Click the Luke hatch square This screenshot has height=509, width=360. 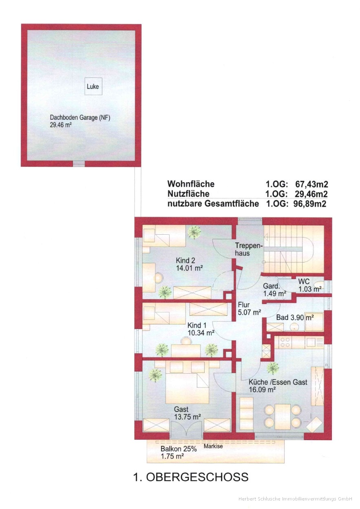pyautogui.click(x=93, y=86)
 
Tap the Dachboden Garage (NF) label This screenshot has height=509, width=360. pyautogui.click(x=80, y=118)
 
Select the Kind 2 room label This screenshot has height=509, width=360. pyautogui.click(x=186, y=260)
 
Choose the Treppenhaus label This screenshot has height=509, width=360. pyautogui.click(x=249, y=249)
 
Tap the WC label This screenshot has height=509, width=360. pyautogui.click(x=304, y=281)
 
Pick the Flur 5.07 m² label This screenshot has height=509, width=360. pyautogui.click(x=250, y=308)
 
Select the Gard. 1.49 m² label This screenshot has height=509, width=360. pyautogui.click(x=274, y=289)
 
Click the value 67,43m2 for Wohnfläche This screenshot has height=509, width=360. pyautogui.click(x=311, y=184)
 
